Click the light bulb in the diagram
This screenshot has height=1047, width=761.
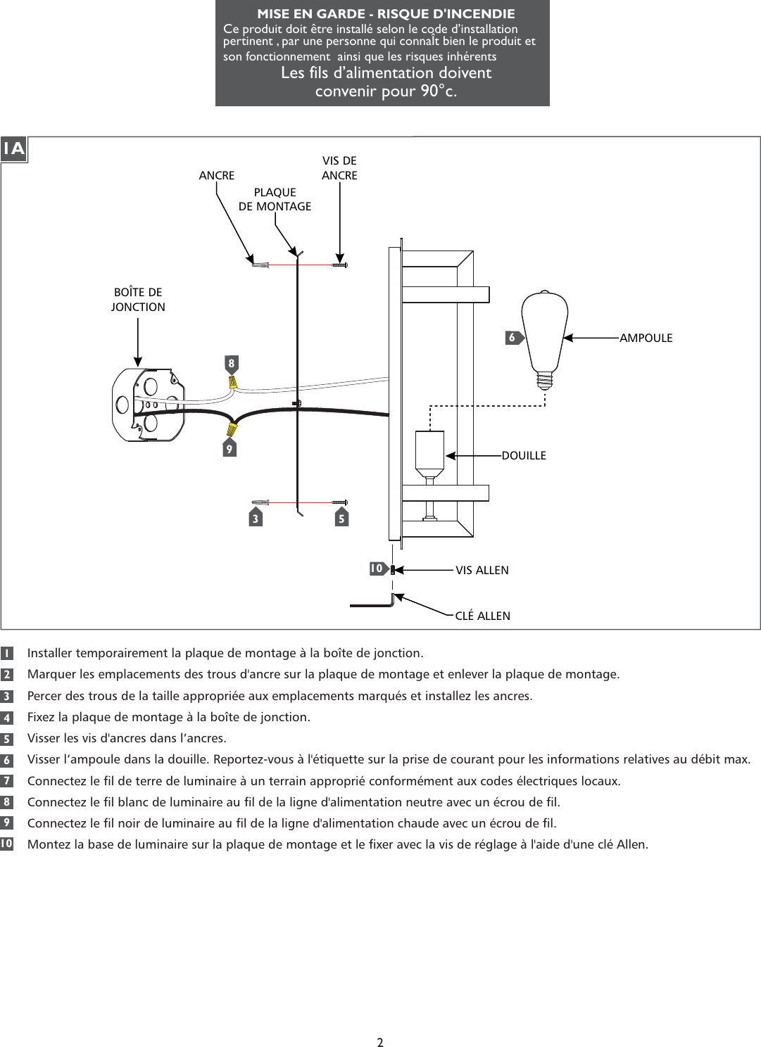coord(544,331)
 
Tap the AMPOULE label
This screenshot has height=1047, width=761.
coord(646,338)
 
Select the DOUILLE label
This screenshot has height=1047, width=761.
coord(524,456)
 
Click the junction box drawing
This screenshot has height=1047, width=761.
coord(149,405)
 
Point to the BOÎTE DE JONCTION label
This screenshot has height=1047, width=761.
coord(138,300)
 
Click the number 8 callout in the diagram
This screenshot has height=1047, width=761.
coord(231,364)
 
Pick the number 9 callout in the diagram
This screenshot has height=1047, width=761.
coord(229,448)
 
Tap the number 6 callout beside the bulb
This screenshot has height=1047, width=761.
coord(513,338)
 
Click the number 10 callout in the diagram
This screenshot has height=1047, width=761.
coord(377,569)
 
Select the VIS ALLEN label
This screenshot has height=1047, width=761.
coord(482,571)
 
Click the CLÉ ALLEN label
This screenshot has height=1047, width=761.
coord(482,616)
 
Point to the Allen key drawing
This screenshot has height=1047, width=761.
coord(373,603)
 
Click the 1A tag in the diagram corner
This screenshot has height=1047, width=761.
coord(13,149)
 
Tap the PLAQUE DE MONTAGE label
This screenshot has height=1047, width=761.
coord(275,199)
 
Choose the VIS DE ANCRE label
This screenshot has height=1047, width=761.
coord(339,168)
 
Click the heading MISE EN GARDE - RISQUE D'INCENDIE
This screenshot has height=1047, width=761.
coord(386,14)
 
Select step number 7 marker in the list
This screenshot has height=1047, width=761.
coord(6,781)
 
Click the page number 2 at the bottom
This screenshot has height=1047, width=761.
coord(380,1042)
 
